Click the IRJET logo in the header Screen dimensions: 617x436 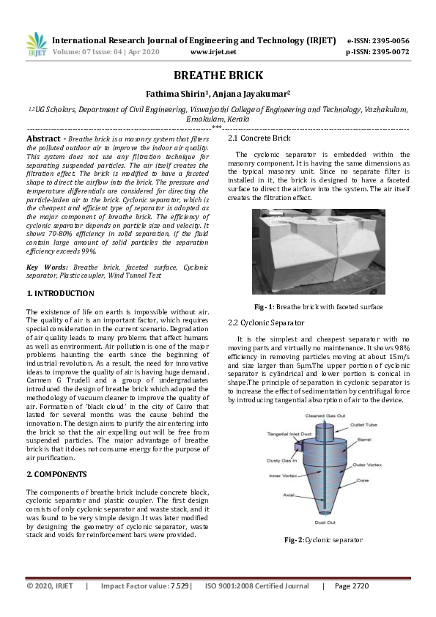(x=37, y=45)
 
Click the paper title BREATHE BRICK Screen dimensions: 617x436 (x=218, y=75)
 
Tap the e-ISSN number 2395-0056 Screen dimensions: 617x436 (x=388, y=40)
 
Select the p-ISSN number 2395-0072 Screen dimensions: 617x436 (x=388, y=53)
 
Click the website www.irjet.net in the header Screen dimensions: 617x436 (x=213, y=53)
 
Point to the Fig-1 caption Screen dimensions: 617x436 (x=318, y=306)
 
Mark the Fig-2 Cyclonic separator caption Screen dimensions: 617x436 (x=323, y=539)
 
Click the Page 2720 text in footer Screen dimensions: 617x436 (x=351, y=586)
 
